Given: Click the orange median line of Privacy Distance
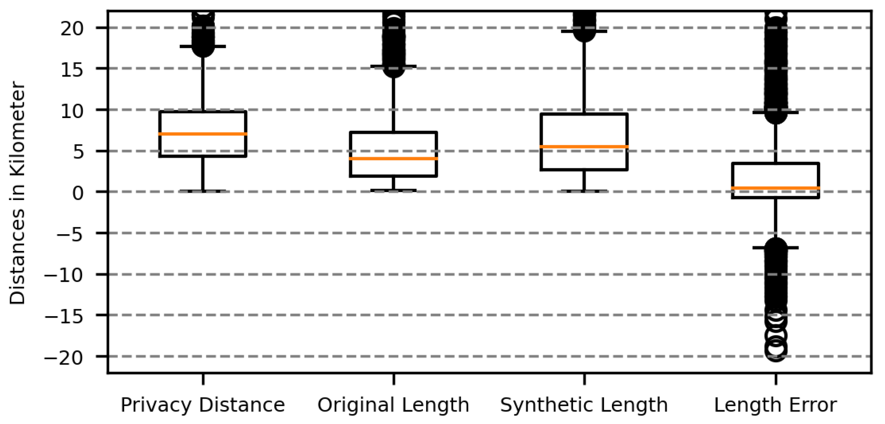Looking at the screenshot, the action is [x=203, y=134].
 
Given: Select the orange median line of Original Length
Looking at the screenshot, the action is [x=393, y=159].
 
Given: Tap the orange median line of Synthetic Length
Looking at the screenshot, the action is [x=584, y=147].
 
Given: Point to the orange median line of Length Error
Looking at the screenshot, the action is [x=776, y=188].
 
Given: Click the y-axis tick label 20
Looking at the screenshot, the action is [x=72, y=28].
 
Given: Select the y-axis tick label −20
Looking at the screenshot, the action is [x=64, y=357].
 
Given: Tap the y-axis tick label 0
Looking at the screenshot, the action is [x=78, y=193].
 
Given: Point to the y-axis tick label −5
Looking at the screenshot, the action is [x=70, y=234].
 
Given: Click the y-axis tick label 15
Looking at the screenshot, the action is [x=72, y=69].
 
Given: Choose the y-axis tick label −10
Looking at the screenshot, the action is [x=64, y=275].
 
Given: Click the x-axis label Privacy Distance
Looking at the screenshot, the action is [x=203, y=405].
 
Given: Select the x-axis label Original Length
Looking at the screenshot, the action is [x=393, y=405].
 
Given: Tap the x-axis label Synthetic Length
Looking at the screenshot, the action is [x=584, y=405].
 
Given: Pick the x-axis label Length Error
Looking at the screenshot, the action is [x=776, y=405].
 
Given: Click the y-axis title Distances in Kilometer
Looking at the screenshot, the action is [x=17, y=193].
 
